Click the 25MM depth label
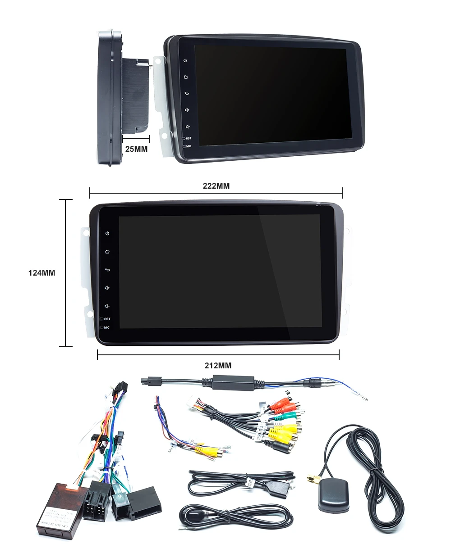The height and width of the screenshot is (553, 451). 136,149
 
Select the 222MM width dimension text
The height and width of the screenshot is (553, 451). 216,186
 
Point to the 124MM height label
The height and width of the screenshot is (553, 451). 42,273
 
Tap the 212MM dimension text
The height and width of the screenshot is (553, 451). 218,366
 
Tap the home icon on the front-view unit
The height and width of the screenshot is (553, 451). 107,252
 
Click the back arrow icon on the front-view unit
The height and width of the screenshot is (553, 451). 107,270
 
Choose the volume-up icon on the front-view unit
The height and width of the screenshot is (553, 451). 107,288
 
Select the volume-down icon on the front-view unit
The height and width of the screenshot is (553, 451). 107,306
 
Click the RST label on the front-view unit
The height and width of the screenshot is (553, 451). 107,319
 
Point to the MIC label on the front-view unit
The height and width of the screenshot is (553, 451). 106,327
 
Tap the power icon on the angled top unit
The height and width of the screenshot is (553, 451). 185,60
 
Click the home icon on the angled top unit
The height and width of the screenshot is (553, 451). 185,77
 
